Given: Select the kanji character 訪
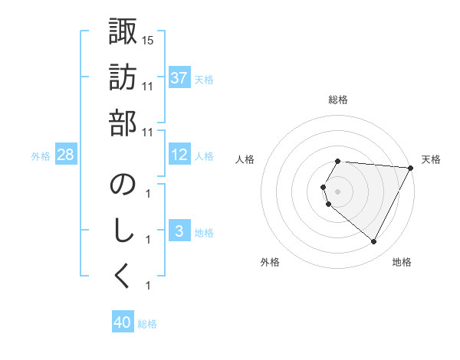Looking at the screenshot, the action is click(x=123, y=79).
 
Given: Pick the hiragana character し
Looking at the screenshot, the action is click(x=123, y=231).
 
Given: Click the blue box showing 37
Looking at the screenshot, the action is click(x=179, y=78).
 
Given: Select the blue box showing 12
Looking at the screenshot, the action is click(x=179, y=155).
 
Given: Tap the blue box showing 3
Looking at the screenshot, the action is click(x=179, y=231).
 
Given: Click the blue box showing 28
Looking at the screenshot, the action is click(x=65, y=155).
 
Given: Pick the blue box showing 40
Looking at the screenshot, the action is click(x=122, y=322).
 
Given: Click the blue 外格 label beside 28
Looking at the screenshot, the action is click(x=41, y=155).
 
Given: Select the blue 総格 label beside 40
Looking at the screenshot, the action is click(x=147, y=324).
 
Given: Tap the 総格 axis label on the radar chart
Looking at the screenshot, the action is click(x=337, y=100).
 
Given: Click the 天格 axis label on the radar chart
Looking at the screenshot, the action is click(x=432, y=159).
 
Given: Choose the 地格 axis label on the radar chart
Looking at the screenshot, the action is click(x=402, y=263).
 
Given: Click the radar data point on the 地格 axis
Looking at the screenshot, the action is click(x=373, y=242).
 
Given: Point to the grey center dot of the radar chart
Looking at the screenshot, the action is click(x=337, y=191).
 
